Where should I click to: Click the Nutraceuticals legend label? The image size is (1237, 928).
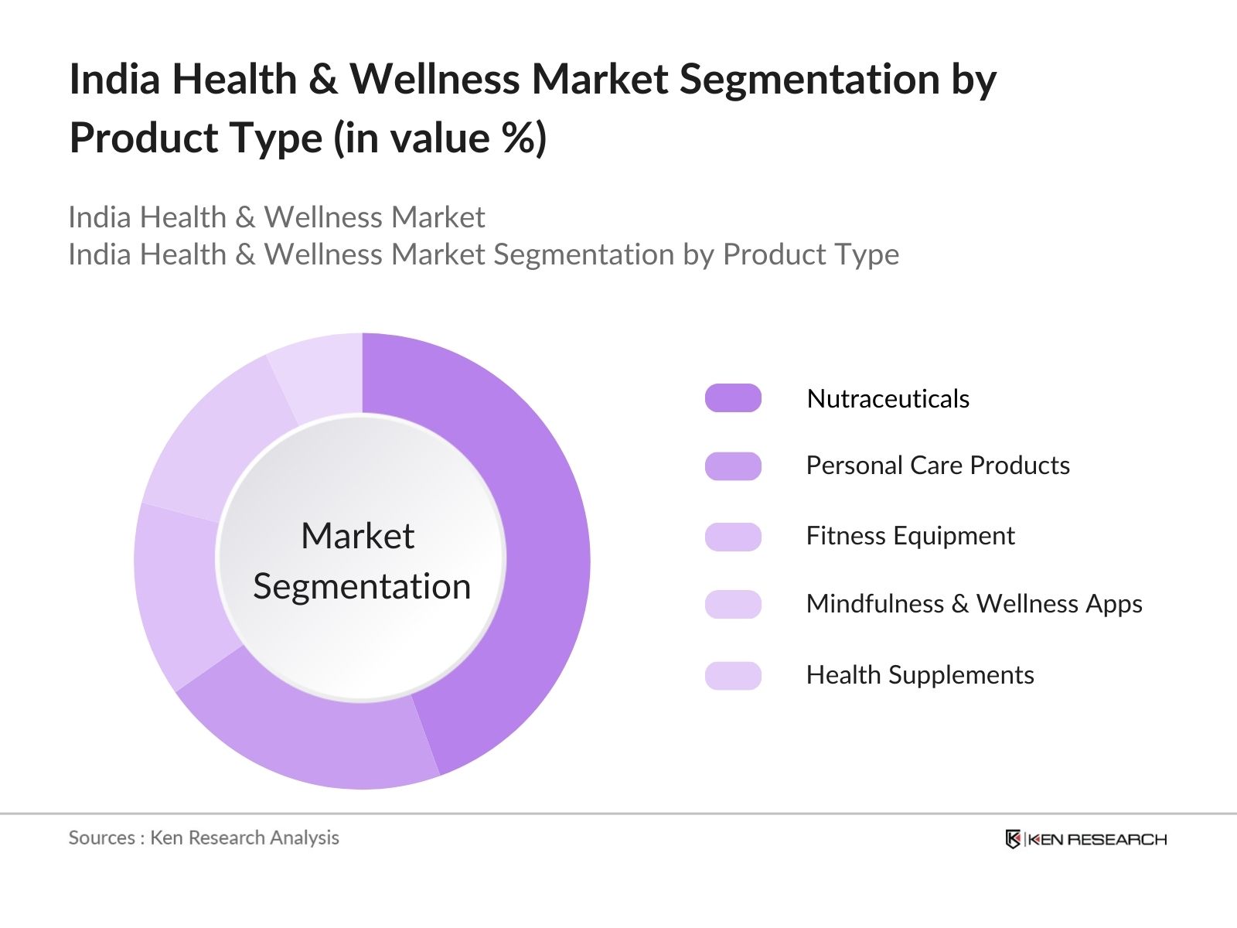(x=888, y=399)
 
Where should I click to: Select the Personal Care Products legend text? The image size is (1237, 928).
(x=937, y=466)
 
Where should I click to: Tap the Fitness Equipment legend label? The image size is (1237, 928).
(x=910, y=536)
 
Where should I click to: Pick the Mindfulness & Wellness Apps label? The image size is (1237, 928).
(x=973, y=604)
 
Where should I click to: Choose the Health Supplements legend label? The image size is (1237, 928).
(x=919, y=675)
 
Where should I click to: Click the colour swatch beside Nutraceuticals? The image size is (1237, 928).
(x=733, y=398)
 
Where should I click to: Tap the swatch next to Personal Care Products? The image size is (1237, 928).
(x=733, y=466)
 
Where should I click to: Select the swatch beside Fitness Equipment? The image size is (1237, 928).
(x=733, y=537)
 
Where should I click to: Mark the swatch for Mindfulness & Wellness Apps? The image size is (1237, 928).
(x=733, y=604)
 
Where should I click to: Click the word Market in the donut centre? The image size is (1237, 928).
(x=357, y=536)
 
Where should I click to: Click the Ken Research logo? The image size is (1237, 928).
(x=1085, y=839)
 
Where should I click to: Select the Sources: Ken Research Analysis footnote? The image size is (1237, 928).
(x=203, y=838)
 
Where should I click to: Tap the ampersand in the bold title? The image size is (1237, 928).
(x=323, y=80)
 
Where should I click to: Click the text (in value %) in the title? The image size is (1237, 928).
(x=440, y=138)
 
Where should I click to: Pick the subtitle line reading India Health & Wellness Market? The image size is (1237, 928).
(x=276, y=217)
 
